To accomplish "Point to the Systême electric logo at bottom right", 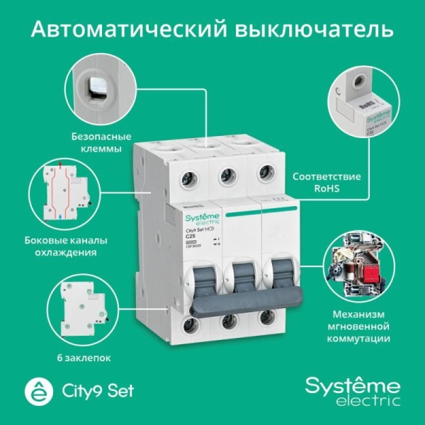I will (x=351, y=390).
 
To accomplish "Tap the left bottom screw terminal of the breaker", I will (x=190, y=325).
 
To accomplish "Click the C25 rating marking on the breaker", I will (x=191, y=236).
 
